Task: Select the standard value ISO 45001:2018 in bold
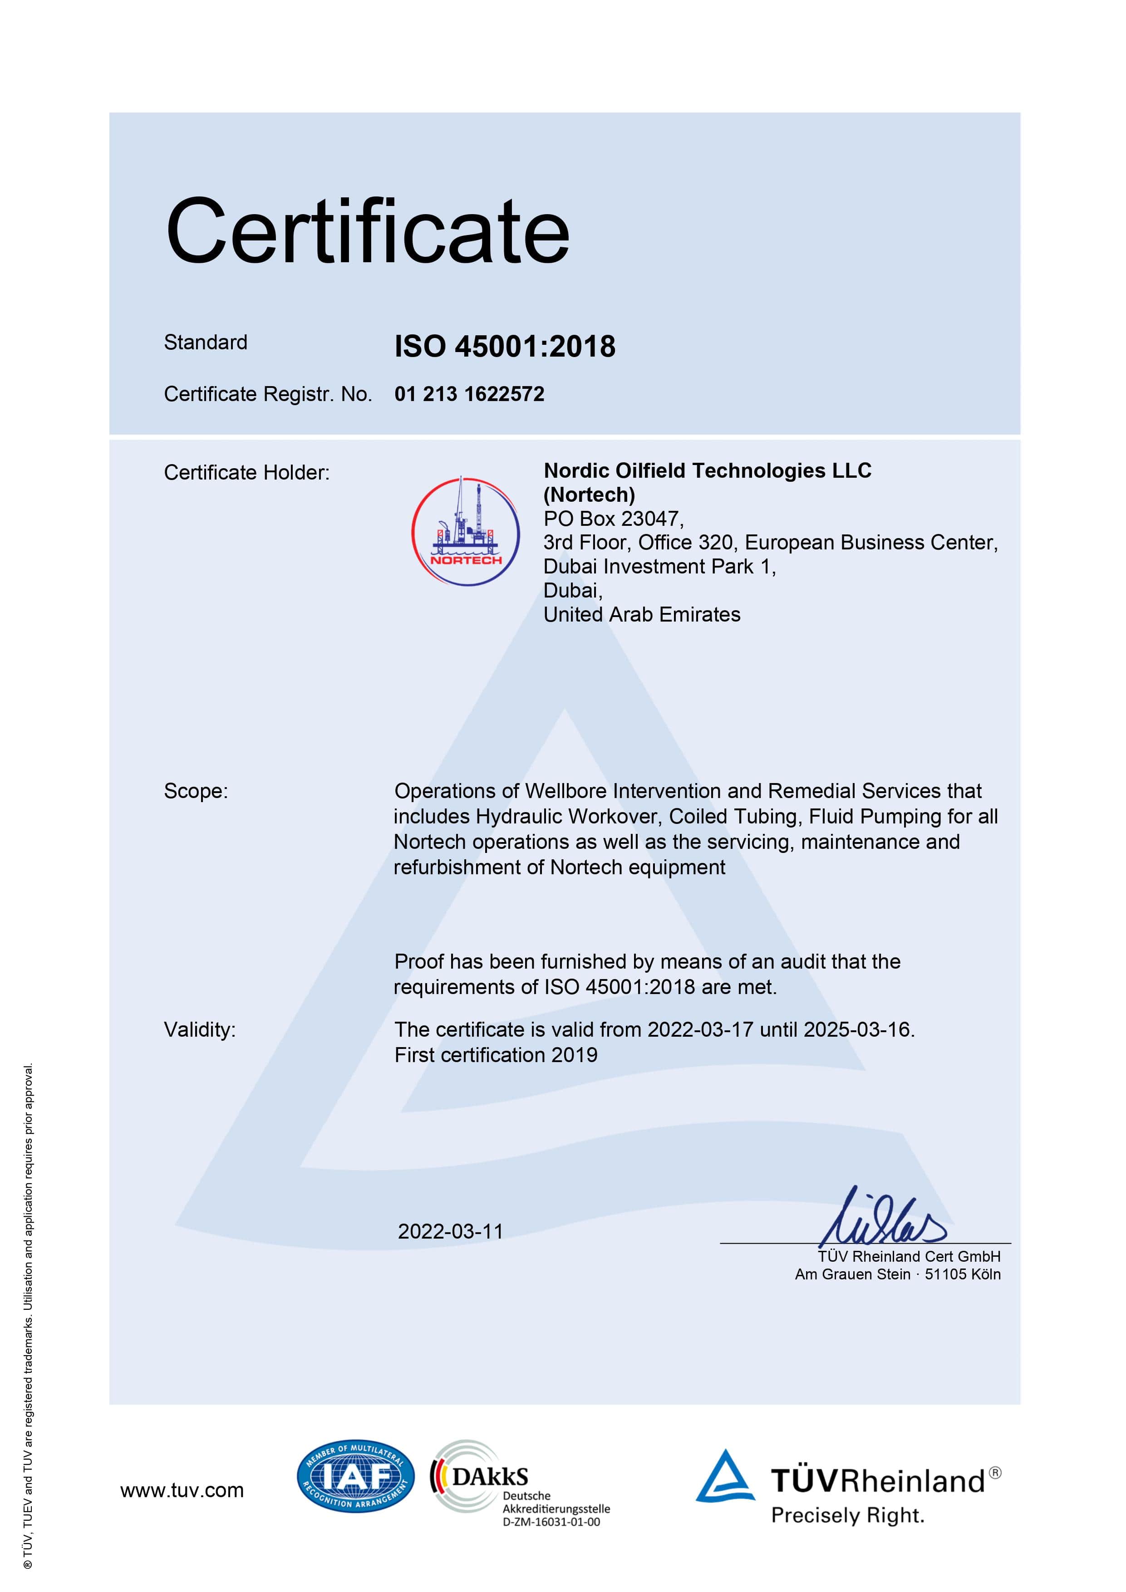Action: (504, 346)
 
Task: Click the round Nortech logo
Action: (466, 531)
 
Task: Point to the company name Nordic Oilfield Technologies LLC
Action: (707, 471)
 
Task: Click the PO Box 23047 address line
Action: (613, 519)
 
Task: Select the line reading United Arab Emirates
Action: (642, 614)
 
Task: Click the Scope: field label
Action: (196, 791)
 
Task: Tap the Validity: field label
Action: (200, 1030)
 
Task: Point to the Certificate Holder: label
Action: (246, 472)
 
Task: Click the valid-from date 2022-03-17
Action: (700, 1030)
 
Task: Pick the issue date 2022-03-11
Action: (450, 1231)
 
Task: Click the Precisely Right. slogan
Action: (848, 1515)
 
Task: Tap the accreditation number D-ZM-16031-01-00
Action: (551, 1522)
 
